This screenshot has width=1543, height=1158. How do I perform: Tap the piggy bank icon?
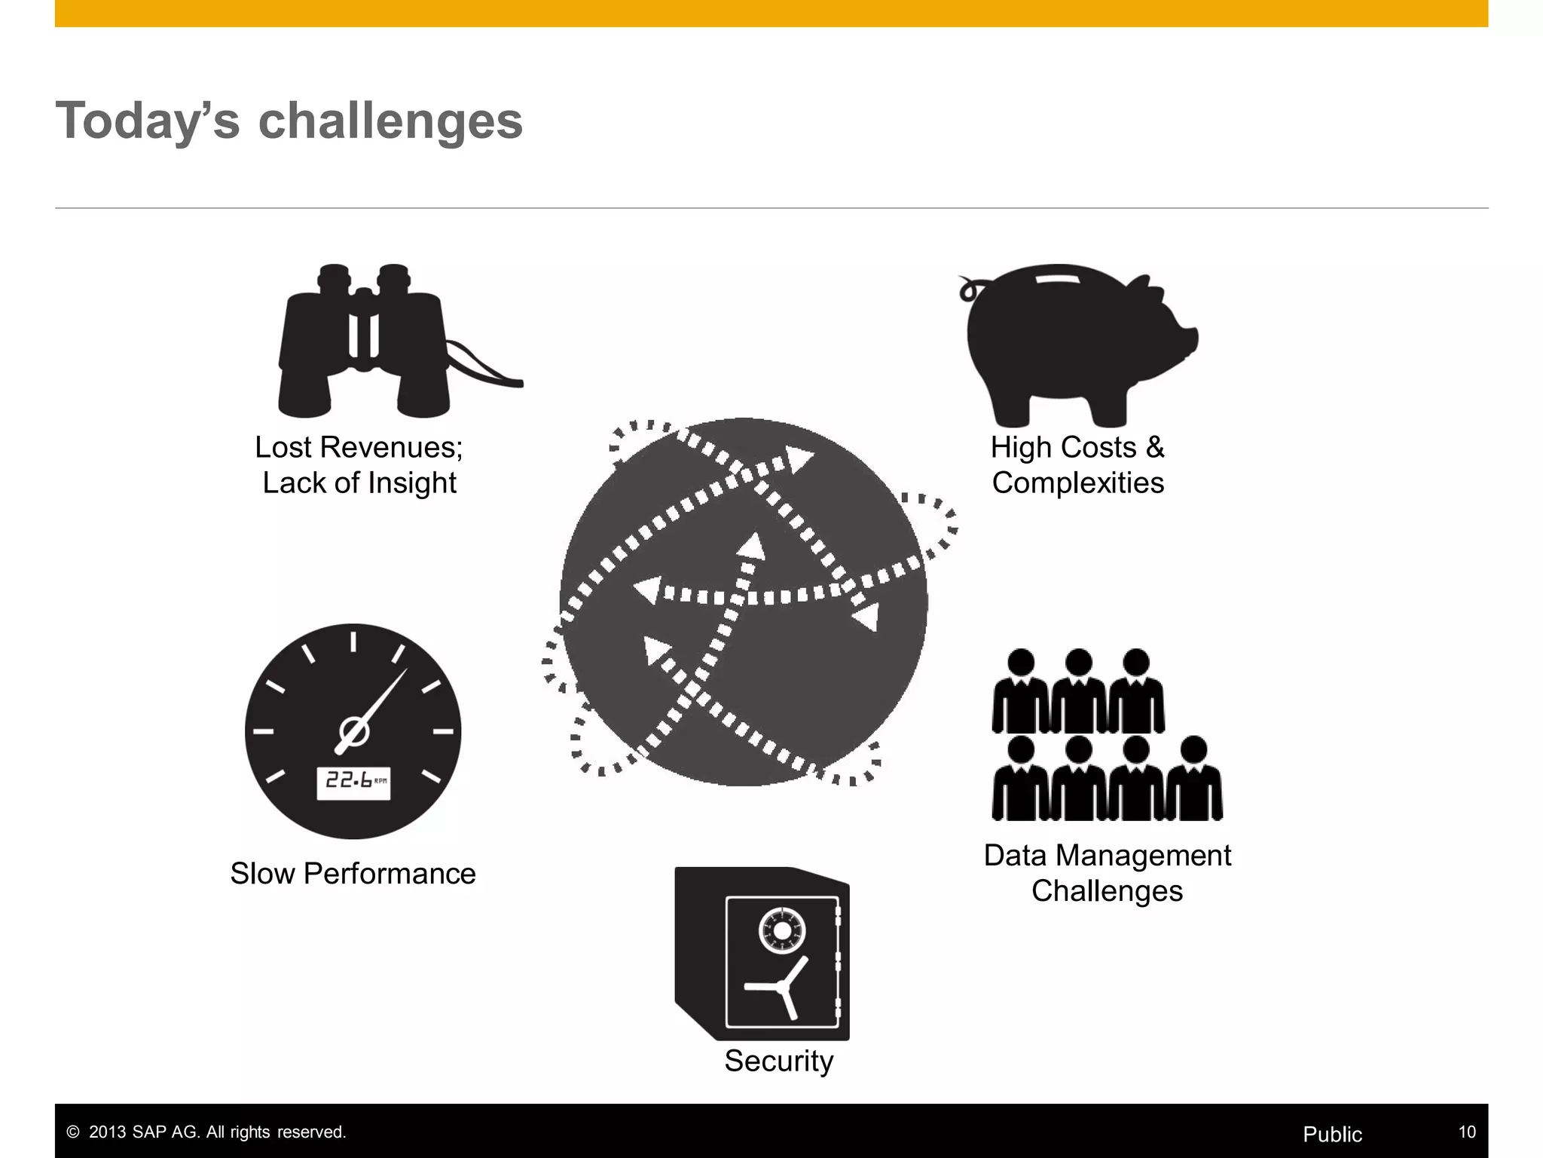pyautogui.click(x=1070, y=339)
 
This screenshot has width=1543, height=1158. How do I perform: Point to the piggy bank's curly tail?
pyautogui.click(x=969, y=289)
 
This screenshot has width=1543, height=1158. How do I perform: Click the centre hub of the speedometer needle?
pyautogui.click(x=353, y=731)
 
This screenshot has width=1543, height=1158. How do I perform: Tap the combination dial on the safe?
pyautogui.click(x=783, y=931)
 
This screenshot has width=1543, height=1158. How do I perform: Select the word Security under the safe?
pyautogui.click(x=779, y=1061)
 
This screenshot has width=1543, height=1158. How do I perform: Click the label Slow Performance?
pyautogui.click(x=353, y=874)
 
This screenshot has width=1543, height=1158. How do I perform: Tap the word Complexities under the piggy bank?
pyautogui.click(x=1077, y=483)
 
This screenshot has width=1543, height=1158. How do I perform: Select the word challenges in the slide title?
pyautogui.click(x=390, y=121)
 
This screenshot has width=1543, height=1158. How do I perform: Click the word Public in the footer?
pyautogui.click(x=1332, y=1135)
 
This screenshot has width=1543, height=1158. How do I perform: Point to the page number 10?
pyautogui.click(x=1466, y=1132)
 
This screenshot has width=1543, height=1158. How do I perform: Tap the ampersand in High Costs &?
pyautogui.click(x=1154, y=448)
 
